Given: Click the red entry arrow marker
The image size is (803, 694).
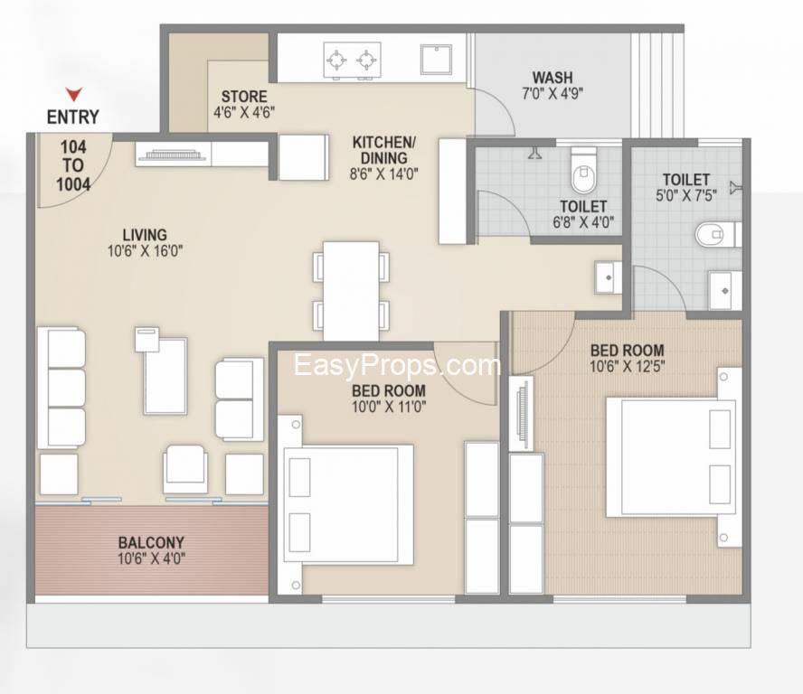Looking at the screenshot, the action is click(74, 95).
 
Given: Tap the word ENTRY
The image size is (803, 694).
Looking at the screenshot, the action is click(72, 117).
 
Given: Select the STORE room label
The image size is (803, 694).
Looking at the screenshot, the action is click(244, 96).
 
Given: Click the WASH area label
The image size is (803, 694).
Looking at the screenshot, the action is click(553, 78).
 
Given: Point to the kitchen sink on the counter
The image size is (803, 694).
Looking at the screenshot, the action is click(437, 60).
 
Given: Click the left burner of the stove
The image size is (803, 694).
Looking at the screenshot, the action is click(336, 61).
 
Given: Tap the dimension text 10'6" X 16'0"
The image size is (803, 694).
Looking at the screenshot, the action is click(146, 251).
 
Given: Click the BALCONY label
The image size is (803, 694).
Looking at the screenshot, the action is click(151, 542).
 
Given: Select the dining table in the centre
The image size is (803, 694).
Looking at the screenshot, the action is click(351, 291).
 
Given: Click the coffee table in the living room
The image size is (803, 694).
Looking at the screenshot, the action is click(165, 376).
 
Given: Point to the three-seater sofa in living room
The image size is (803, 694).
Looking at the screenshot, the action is click(61, 389).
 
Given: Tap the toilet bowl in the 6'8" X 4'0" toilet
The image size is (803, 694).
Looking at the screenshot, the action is click(583, 172).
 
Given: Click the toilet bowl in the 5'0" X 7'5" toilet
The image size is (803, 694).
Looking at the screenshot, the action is click(715, 235).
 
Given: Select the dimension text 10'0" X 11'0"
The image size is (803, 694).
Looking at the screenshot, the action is click(389, 408).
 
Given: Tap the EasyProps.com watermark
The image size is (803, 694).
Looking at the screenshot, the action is click(397, 365).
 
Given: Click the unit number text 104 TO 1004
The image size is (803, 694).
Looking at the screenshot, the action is click(73, 166).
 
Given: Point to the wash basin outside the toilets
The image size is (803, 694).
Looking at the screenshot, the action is click(609, 277).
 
